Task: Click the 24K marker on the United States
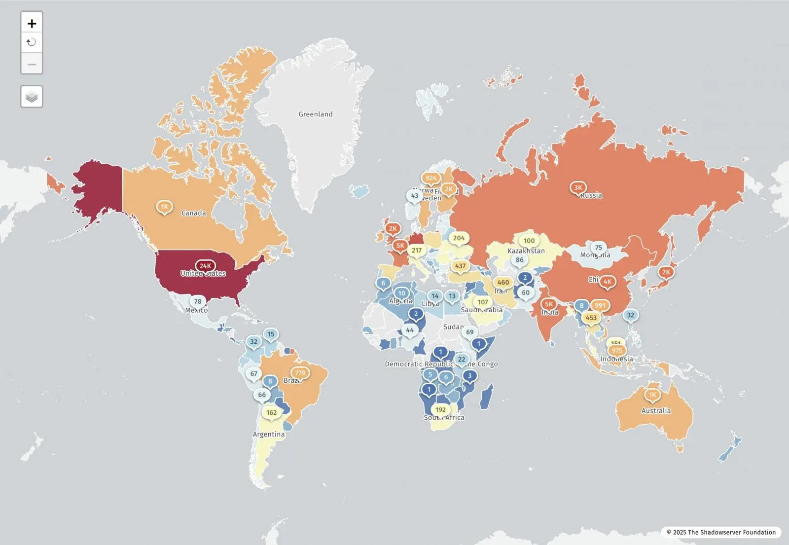coord(205,266)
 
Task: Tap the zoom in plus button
coord(32,23)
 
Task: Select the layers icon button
coord(32,97)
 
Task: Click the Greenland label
coord(316,114)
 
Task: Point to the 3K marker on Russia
coord(578,187)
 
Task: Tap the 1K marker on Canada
coord(164,207)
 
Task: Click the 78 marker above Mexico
coord(198,301)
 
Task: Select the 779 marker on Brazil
coord(300,373)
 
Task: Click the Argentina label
coord(269,435)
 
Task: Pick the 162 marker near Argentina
coord(271,412)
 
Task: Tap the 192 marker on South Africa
coord(440,409)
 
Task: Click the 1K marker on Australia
coord(652,395)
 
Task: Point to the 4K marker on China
coord(608,282)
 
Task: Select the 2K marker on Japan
coord(666,272)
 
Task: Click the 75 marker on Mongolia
coord(598,248)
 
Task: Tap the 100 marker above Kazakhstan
coord(529,241)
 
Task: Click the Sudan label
coord(453,327)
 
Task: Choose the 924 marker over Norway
coord(431,178)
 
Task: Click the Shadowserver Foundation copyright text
coord(721,532)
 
